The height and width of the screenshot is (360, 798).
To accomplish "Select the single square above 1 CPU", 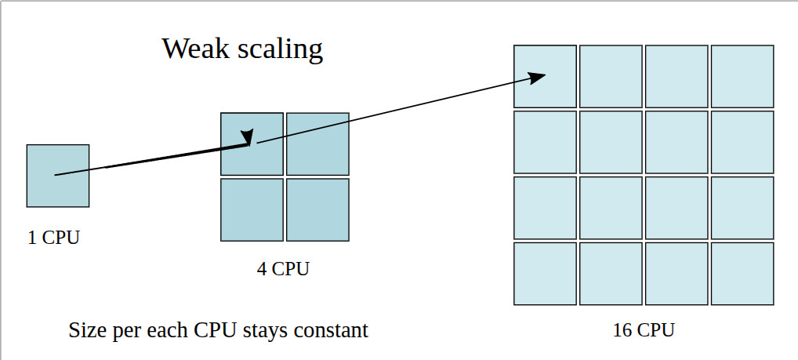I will pyautogui.click(x=58, y=176).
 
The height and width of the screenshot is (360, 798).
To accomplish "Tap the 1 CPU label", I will pyautogui.click(x=53, y=238).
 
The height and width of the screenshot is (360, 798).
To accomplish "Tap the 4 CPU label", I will pyautogui.click(x=283, y=269).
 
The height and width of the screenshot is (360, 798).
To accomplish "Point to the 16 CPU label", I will pyautogui.click(x=644, y=330).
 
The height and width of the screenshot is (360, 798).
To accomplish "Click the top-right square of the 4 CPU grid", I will pyautogui.click(x=317, y=144).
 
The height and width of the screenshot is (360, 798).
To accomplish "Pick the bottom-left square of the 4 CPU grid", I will pyautogui.click(x=252, y=210).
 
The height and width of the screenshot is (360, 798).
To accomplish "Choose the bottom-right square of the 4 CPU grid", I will pyautogui.click(x=317, y=210).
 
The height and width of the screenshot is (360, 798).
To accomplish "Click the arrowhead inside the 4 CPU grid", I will pyautogui.click(x=248, y=137).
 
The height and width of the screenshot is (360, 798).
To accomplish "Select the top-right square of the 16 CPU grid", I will pyautogui.click(x=742, y=76).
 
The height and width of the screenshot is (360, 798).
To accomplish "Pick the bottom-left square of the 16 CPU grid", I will pyautogui.click(x=545, y=274).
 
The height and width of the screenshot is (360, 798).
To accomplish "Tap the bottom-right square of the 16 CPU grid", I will pyautogui.click(x=742, y=274).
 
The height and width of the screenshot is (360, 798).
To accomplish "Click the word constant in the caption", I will pyautogui.click(x=333, y=330).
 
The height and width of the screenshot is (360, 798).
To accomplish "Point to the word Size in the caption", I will pyautogui.click(x=85, y=330).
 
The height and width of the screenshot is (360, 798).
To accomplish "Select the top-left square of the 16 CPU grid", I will pyautogui.click(x=545, y=76).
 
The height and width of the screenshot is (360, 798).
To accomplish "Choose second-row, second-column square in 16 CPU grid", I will pyautogui.click(x=611, y=142).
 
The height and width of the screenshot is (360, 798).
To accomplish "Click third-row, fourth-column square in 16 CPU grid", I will pyautogui.click(x=742, y=208).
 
